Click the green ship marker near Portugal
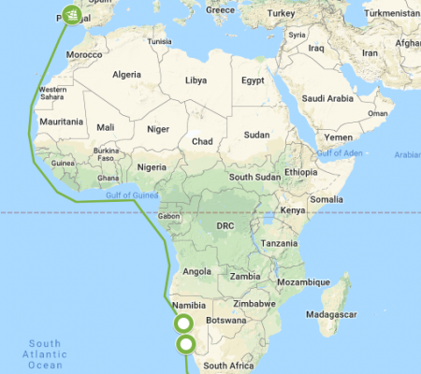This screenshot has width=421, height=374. pyautogui.click(x=72, y=14)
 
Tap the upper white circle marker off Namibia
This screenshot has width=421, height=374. pyautogui.click(x=183, y=324)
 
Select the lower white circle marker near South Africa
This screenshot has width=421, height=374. pyautogui.click(x=186, y=346)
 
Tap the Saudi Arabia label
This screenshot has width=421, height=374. pyautogui.click(x=326, y=98)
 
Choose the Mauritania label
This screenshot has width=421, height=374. pyautogui.click(x=61, y=122)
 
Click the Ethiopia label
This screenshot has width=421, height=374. pyautogui.click(x=301, y=172)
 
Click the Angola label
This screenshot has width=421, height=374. pyautogui.click(x=197, y=271)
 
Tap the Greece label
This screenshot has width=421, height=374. pyautogui.click(x=220, y=9)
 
